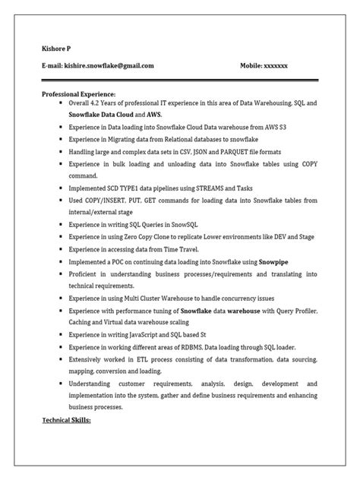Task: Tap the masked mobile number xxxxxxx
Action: click(x=276, y=65)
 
